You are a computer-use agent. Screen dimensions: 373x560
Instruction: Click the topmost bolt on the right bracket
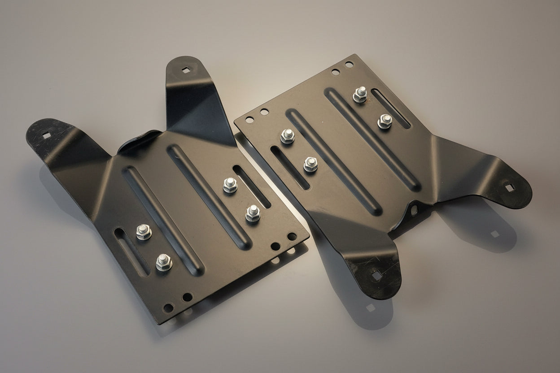(x=360, y=95)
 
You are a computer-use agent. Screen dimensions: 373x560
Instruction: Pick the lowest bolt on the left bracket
(x=164, y=261)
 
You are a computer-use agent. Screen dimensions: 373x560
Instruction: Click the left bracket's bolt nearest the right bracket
(x=253, y=213)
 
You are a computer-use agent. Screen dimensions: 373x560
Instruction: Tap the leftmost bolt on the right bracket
(x=288, y=136)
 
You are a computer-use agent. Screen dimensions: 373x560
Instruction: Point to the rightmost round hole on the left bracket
(x=292, y=236)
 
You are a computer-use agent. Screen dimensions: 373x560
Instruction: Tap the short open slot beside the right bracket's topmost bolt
(x=390, y=108)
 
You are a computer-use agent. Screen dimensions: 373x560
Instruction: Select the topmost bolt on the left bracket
(x=230, y=185)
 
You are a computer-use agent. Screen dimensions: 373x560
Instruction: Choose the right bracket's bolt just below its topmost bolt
(x=385, y=121)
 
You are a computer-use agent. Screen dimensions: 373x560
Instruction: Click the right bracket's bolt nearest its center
(x=311, y=164)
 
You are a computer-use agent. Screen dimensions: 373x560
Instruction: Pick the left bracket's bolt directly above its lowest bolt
(x=144, y=231)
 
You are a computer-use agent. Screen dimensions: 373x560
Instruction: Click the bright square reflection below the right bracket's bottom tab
(x=370, y=308)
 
